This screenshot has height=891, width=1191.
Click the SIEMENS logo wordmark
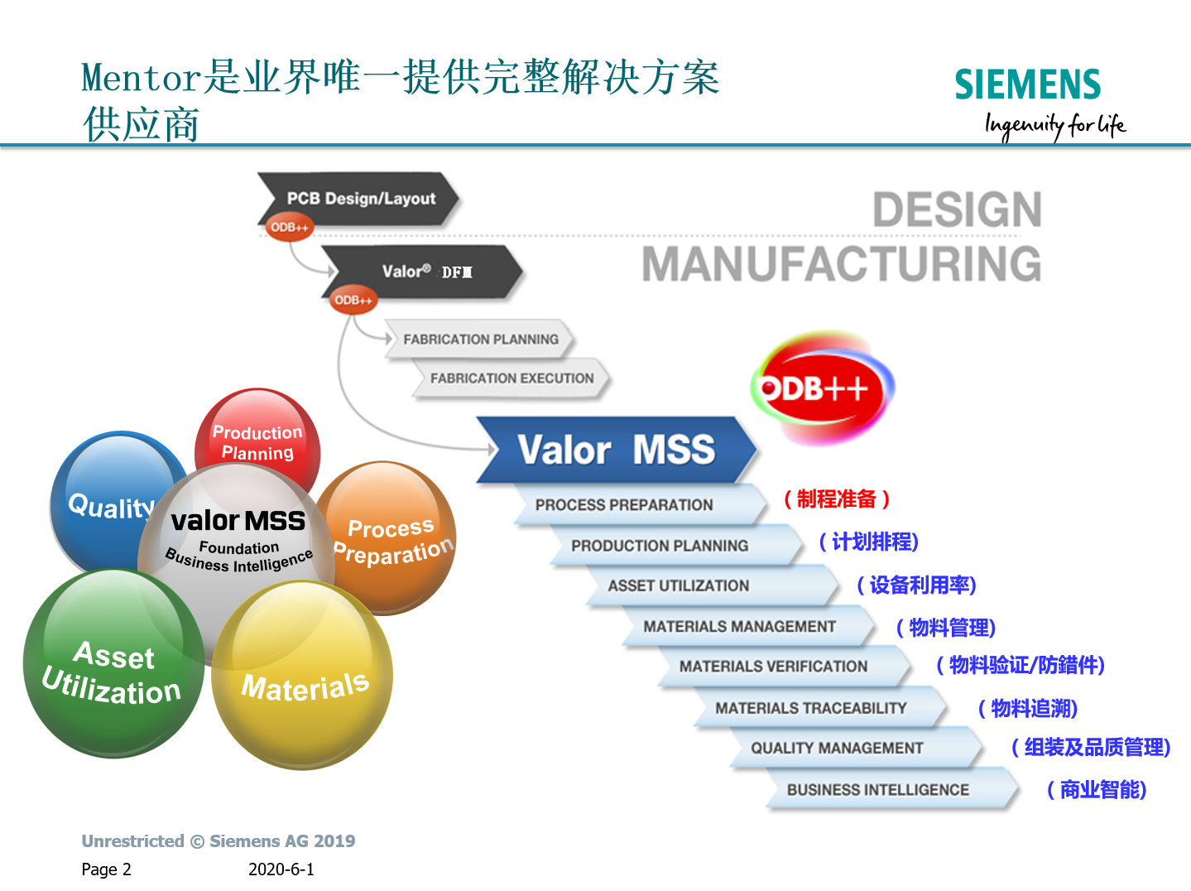[x=1027, y=84]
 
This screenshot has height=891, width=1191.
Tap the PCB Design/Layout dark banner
[x=358, y=199]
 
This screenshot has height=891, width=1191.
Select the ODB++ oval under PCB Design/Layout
[x=289, y=228]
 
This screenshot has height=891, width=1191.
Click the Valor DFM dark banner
[x=423, y=272]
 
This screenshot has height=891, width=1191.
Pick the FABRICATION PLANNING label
[x=481, y=340]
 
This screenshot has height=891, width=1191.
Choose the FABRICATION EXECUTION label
[x=512, y=378]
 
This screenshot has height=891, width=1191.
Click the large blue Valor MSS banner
[x=617, y=450]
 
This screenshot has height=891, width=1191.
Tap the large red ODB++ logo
[x=822, y=388]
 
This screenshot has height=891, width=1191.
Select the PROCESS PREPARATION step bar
[x=641, y=504]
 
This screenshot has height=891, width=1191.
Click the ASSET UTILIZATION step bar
[x=713, y=585]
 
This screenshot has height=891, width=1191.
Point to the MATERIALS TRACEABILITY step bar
[x=820, y=708]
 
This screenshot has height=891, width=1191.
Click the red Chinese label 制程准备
[x=837, y=498]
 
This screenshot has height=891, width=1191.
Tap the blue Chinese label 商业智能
[x=1097, y=789]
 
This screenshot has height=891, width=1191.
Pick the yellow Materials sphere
[x=302, y=675]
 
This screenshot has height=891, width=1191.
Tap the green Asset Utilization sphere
[x=113, y=663]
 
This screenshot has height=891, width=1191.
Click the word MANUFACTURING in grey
[x=842, y=263]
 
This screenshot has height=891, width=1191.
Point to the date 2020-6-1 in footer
[x=281, y=869]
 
